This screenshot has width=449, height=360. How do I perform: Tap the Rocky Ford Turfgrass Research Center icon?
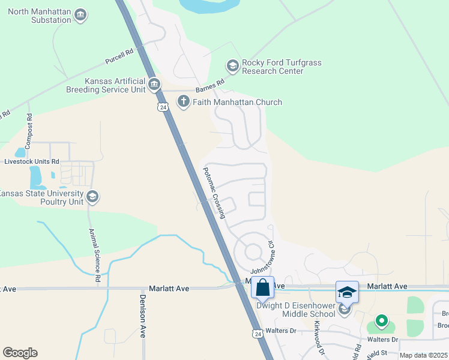pos(232,65)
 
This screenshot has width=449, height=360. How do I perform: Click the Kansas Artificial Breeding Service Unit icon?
pos(154,83)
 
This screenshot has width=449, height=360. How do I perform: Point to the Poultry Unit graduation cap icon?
pos(92,196)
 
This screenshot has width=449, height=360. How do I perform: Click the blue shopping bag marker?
pos(263,288)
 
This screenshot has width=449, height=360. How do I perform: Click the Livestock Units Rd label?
pos(32,161)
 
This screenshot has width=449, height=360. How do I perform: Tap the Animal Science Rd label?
pos(95,255)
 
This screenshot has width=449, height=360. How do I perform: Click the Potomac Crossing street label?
pos(214,192)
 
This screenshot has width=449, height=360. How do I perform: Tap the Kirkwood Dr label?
pos(319,335)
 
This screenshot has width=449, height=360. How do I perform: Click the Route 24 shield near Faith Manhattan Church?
pos(164,106)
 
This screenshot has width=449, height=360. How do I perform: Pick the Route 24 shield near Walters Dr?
pos(257,333)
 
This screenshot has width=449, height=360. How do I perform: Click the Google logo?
pos(20,353)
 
